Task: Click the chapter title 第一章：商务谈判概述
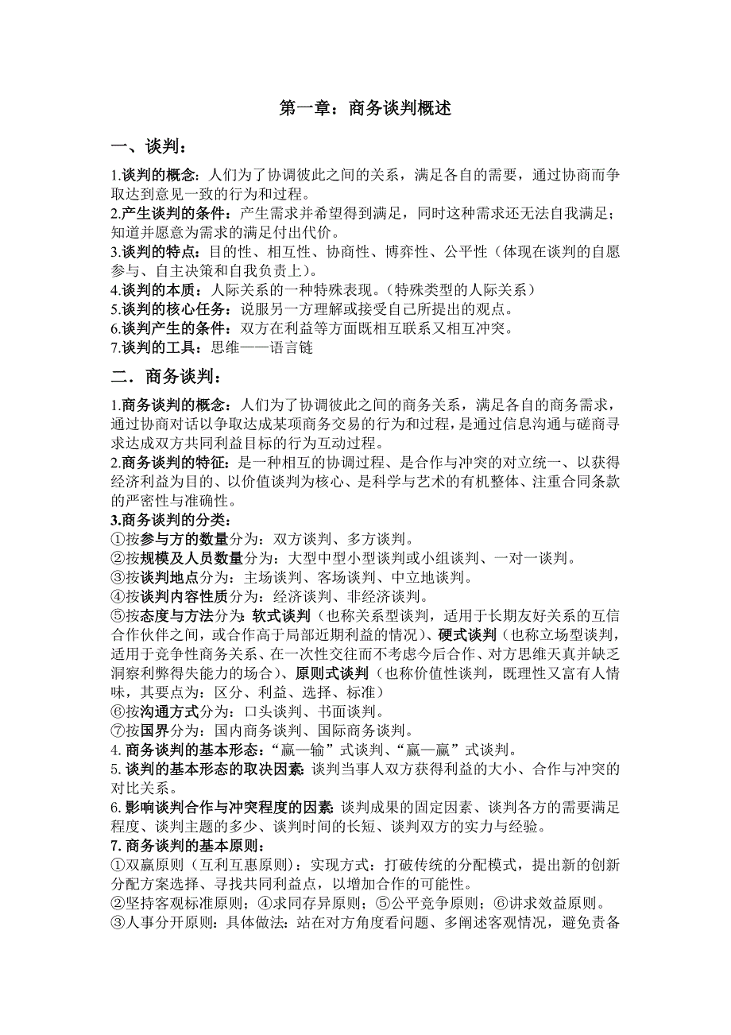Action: click(365, 109)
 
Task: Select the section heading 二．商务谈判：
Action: click(166, 376)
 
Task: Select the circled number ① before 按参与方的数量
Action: click(118, 539)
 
